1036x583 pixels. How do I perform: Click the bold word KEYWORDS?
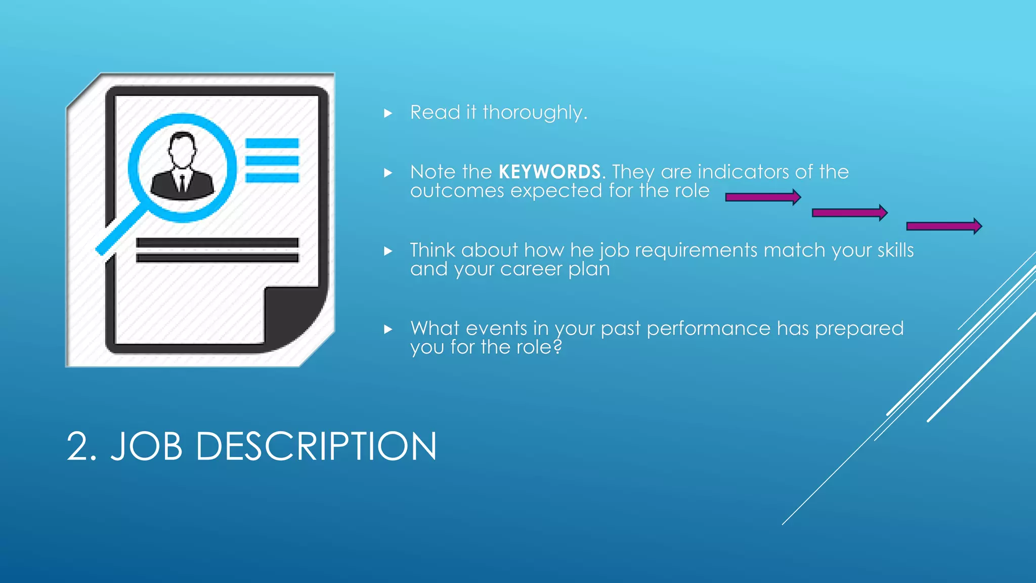coord(549,172)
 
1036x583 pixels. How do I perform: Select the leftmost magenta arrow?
coord(762,197)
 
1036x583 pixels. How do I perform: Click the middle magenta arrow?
coord(849,213)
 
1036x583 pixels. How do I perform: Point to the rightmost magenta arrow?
coord(943,226)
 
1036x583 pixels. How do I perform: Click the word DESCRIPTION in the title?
coord(316,446)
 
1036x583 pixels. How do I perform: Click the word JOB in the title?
coord(147,446)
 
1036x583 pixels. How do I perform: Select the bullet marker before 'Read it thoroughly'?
coord(388,113)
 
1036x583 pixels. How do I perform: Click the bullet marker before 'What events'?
coord(388,329)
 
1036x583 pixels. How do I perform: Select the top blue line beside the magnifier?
coord(272,143)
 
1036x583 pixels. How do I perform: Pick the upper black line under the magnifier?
coord(217,242)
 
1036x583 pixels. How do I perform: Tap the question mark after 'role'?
coord(557,347)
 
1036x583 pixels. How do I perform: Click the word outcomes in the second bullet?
coord(457,191)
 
